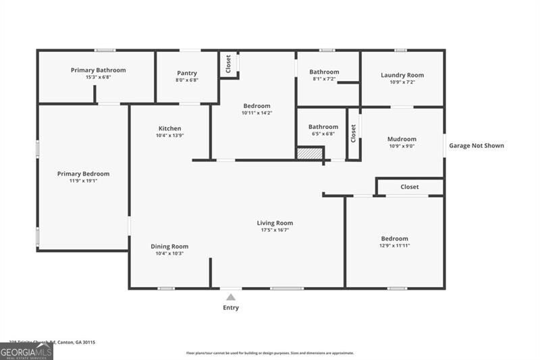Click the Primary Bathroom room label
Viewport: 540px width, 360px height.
tap(98, 70)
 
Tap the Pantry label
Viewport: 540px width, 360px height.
tap(187, 73)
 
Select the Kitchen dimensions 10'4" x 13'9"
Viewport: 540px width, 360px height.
tap(169, 136)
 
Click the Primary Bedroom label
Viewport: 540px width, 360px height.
tap(83, 174)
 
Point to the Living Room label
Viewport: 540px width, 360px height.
tap(275, 223)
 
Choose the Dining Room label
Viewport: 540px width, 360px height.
tap(169, 247)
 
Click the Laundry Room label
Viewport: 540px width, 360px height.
tap(402, 75)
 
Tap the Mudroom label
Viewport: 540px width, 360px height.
tap(402, 139)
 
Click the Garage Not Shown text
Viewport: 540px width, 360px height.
tap(477, 145)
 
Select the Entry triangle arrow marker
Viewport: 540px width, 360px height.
tap(231, 297)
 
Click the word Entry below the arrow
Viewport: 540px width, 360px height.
tap(231, 308)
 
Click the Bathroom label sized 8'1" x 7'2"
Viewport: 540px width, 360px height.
tap(324, 72)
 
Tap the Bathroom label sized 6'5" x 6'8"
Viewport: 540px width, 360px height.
tap(323, 126)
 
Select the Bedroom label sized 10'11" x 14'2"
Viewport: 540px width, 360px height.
tap(256, 106)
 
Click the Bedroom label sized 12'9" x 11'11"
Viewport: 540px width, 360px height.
tap(394, 238)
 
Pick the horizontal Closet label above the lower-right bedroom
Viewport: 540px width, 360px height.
tap(410, 186)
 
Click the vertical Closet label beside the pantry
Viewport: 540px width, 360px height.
tap(228, 64)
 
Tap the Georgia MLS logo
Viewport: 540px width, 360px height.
tap(26, 351)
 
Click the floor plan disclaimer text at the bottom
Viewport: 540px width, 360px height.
tap(270, 353)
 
